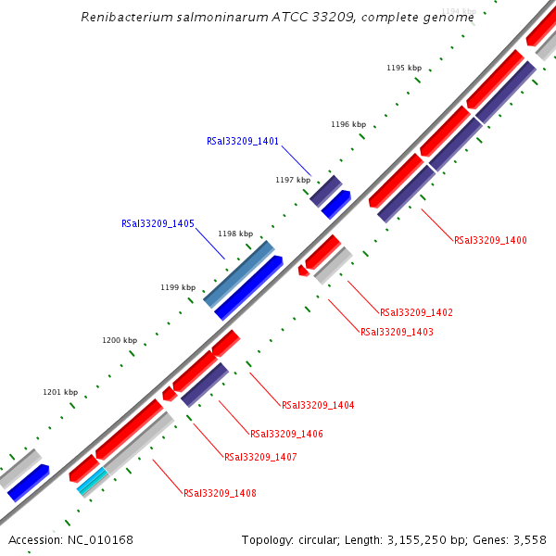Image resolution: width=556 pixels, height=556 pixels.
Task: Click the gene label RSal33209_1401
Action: click(x=242, y=142)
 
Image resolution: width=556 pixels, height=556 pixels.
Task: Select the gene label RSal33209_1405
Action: click(x=158, y=223)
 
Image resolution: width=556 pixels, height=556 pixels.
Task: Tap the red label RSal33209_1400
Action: click(x=490, y=240)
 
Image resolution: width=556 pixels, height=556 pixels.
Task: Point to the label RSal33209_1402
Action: click(x=416, y=312)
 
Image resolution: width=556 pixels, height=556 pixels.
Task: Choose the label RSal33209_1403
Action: click(x=397, y=332)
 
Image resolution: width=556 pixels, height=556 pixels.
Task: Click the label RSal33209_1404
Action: click(x=318, y=405)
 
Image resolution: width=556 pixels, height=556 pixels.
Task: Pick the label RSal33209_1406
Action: click(x=286, y=434)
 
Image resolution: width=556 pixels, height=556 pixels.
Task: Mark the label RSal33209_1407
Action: click(x=260, y=457)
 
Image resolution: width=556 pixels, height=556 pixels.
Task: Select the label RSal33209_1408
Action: click(x=220, y=493)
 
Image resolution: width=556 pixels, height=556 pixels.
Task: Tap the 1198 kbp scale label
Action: click(x=235, y=234)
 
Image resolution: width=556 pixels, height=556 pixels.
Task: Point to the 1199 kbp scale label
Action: click(x=178, y=287)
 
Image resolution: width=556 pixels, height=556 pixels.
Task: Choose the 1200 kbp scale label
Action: click(x=120, y=341)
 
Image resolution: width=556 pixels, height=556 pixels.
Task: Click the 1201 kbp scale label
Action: click(x=60, y=392)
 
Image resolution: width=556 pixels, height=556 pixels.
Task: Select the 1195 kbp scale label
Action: click(x=404, y=68)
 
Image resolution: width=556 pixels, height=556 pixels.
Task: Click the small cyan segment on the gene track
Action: click(x=92, y=480)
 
